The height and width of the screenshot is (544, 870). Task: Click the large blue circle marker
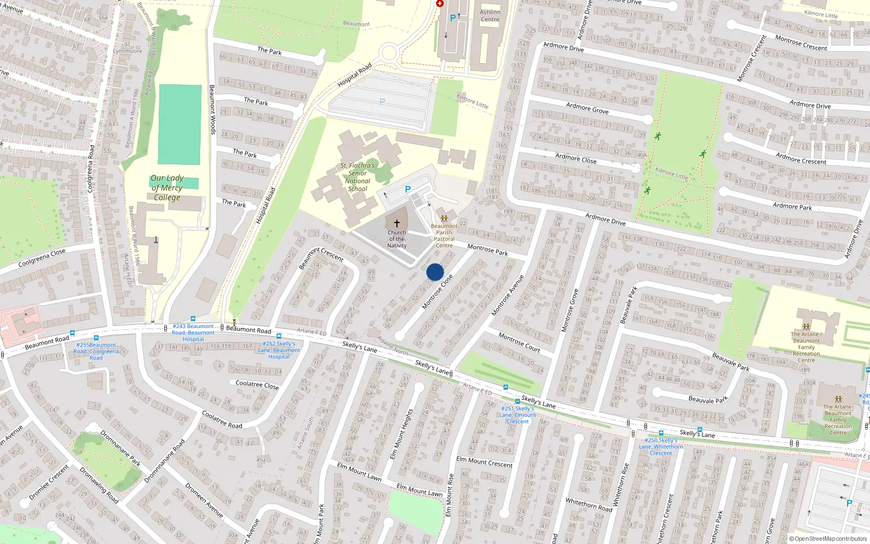[x=435, y=272]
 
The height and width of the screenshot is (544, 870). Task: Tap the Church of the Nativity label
[x=397, y=239]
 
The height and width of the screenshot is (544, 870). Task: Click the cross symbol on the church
[x=397, y=224]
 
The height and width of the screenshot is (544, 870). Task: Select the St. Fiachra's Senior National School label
[x=357, y=177]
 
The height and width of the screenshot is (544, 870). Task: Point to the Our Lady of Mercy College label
[x=167, y=188]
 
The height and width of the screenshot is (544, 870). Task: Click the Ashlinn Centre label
[x=490, y=16]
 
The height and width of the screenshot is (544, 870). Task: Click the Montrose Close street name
[x=437, y=292]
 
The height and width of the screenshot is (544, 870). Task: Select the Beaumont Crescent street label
[x=321, y=258]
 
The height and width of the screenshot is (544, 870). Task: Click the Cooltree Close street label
[x=257, y=385]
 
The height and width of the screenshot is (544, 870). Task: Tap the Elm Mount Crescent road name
[x=484, y=462]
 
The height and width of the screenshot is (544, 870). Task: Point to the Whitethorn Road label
[x=588, y=504]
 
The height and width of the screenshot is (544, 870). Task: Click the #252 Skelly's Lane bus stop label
[x=279, y=350]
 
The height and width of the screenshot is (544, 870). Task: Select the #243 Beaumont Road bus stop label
[x=193, y=332]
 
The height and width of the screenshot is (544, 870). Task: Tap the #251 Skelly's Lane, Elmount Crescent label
[x=518, y=415]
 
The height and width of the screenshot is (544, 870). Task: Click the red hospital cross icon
[x=440, y=4]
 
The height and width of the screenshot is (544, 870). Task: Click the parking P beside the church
[x=408, y=189]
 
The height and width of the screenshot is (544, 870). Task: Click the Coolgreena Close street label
[x=42, y=258]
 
